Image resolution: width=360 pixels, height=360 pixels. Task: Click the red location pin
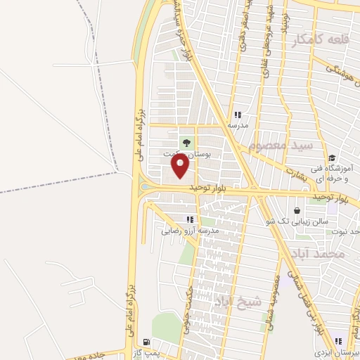pyautogui.click(x=181, y=165)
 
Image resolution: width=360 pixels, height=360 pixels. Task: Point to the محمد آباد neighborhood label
pyautogui.click(x=319, y=252)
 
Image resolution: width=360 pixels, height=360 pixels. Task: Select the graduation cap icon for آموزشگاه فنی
pyautogui.click(x=332, y=157)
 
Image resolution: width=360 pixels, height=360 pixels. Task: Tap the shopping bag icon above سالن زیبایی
pyautogui.click(x=297, y=210)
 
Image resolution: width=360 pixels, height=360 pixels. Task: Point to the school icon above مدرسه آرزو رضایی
pyautogui.click(x=189, y=219)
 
